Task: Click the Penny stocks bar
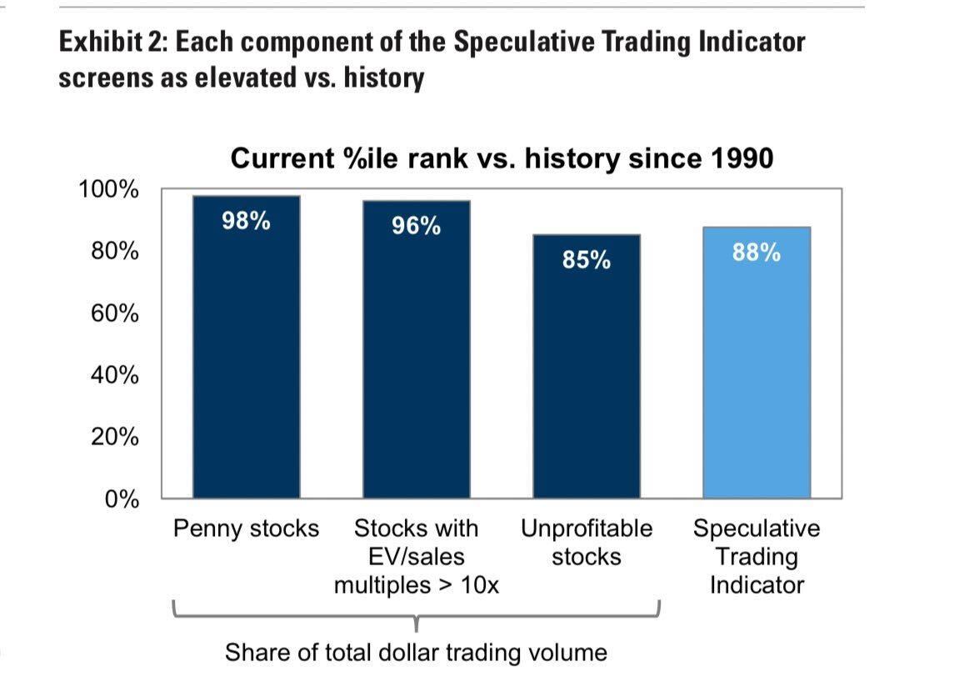click(x=247, y=347)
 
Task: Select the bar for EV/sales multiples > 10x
click(x=417, y=349)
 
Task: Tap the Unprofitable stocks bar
click(x=587, y=366)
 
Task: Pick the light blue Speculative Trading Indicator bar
click(x=757, y=363)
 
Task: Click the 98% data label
click(x=246, y=221)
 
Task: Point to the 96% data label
click(x=417, y=226)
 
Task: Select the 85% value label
click(x=587, y=260)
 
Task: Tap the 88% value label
click(x=757, y=253)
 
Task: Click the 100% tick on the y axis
click(x=108, y=189)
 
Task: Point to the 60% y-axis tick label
click(x=115, y=313)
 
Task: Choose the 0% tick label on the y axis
click(x=122, y=499)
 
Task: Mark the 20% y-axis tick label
click(x=115, y=437)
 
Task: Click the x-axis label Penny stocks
click(x=246, y=529)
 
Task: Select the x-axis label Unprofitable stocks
click(x=587, y=543)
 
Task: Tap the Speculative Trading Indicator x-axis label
click(x=757, y=557)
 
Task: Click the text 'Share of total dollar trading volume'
click(x=417, y=653)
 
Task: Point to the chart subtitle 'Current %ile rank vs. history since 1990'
click(x=502, y=158)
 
